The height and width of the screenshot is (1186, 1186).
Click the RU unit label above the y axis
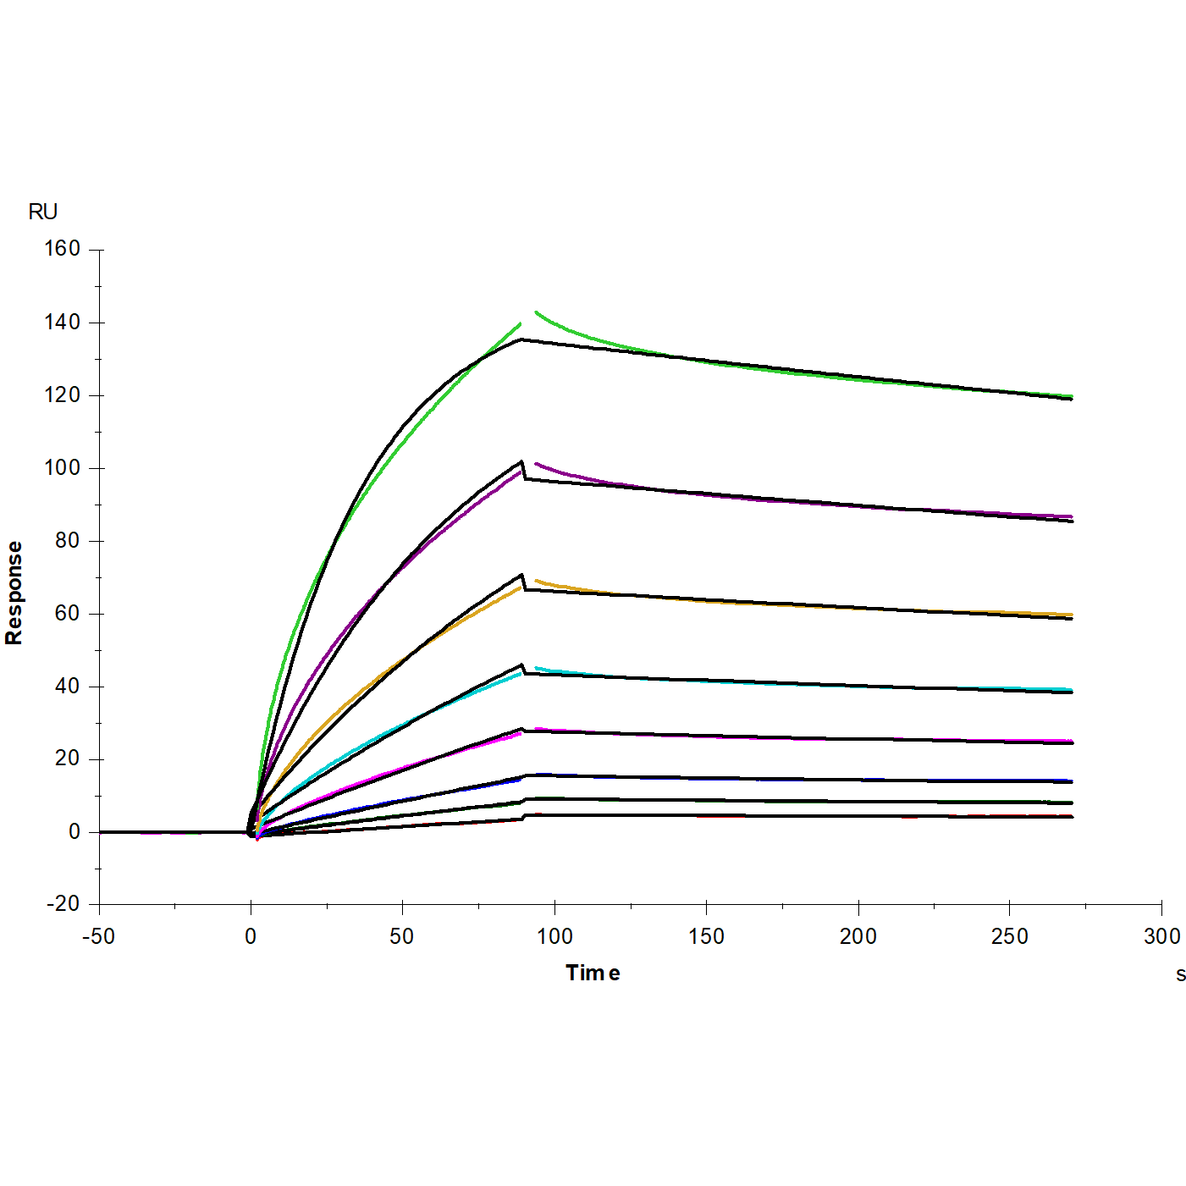click(x=42, y=212)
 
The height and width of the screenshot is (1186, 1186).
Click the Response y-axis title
click(x=14, y=593)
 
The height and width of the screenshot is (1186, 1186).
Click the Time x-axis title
click(x=593, y=973)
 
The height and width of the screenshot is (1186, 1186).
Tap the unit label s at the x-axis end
click(x=1180, y=974)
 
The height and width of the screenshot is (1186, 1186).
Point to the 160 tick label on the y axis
click(x=63, y=249)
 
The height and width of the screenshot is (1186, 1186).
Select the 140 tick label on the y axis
click(x=63, y=322)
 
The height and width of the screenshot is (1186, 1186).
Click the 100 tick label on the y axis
click(x=63, y=467)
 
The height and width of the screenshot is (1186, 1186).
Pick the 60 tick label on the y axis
click(x=67, y=613)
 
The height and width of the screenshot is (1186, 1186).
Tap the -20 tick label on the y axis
click(x=63, y=904)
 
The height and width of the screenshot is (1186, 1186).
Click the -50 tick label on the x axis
click(x=98, y=936)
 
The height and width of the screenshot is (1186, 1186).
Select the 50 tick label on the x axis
click(x=402, y=936)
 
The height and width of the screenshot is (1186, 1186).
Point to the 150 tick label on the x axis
click(x=706, y=936)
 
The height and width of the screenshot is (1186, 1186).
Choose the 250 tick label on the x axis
click(x=1009, y=936)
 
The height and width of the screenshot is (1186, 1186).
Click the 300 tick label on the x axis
click(x=1161, y=936)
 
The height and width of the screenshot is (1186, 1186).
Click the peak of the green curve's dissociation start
click(x=537, y=312)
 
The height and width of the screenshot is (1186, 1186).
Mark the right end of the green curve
click(x=1072, y=396)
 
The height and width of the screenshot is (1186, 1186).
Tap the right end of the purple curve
click(x=1072, y=516)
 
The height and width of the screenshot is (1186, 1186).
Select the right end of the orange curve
click(x=1072, y=615)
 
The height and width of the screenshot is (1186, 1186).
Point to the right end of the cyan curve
click(x=1072, y=690)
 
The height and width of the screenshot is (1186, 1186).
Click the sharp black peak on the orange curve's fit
click(x=521, y=576)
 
